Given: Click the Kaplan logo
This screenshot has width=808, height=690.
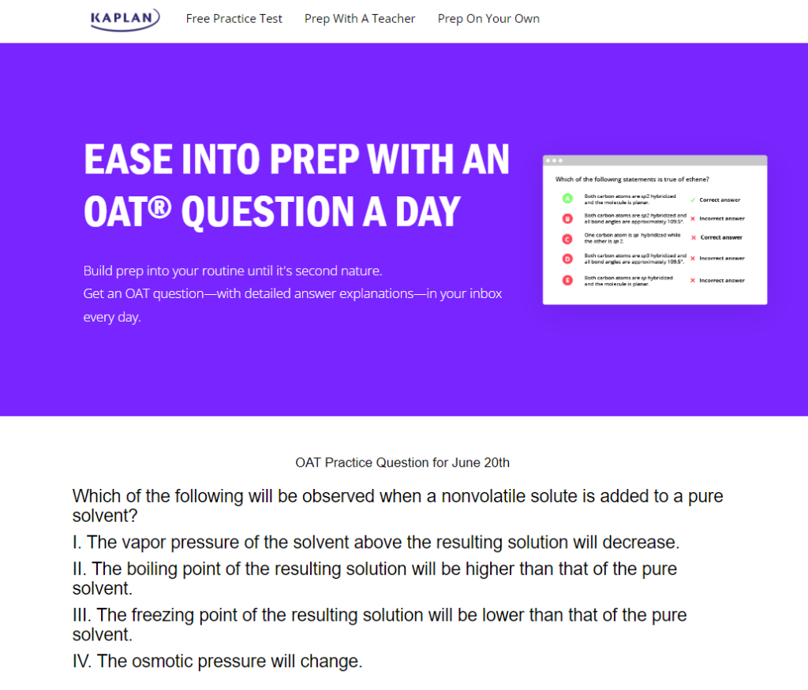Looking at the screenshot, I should coord(125,19).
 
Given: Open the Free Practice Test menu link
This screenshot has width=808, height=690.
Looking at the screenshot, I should coord(234,19).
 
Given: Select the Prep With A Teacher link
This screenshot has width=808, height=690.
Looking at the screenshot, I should coord(360,19).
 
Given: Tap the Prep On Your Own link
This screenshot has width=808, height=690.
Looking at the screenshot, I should coord(488,19).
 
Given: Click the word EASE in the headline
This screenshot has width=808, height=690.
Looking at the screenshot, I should coord(127,160).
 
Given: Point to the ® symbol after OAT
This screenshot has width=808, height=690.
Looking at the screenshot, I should coord(160,203).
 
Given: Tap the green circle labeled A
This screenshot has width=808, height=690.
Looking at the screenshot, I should coord(567,199).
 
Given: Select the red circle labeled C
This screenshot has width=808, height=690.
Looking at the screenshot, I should coord(567,238).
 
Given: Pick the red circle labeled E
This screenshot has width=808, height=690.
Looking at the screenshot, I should coord(567,280).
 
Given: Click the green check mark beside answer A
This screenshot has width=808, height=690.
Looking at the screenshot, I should coord(692,200).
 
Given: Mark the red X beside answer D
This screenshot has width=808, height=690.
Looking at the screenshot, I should coord(692,259).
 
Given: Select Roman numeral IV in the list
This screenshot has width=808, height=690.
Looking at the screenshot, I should coord(81,662).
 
